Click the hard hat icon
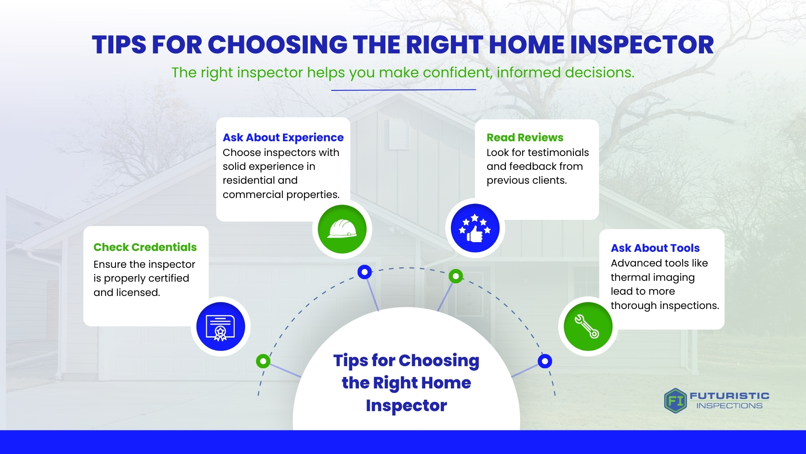coord(342,229)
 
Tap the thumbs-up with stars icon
coord(475,228)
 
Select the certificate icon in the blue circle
coord(220,327)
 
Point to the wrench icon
coord(587,327)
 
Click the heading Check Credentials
coord(145,247)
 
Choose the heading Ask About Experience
coord(283,137)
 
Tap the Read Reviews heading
coord(525,137)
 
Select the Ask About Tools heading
coord(655,248)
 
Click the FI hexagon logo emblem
coord(675,401)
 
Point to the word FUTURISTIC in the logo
coord(730,396)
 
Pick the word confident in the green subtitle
coord(457,72)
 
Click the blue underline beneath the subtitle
coord(403,90)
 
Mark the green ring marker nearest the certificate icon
coord(263,361)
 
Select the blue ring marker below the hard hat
coord(364,272)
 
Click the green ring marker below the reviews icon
coord(456,276)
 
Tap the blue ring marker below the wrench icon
coord(545,361)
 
